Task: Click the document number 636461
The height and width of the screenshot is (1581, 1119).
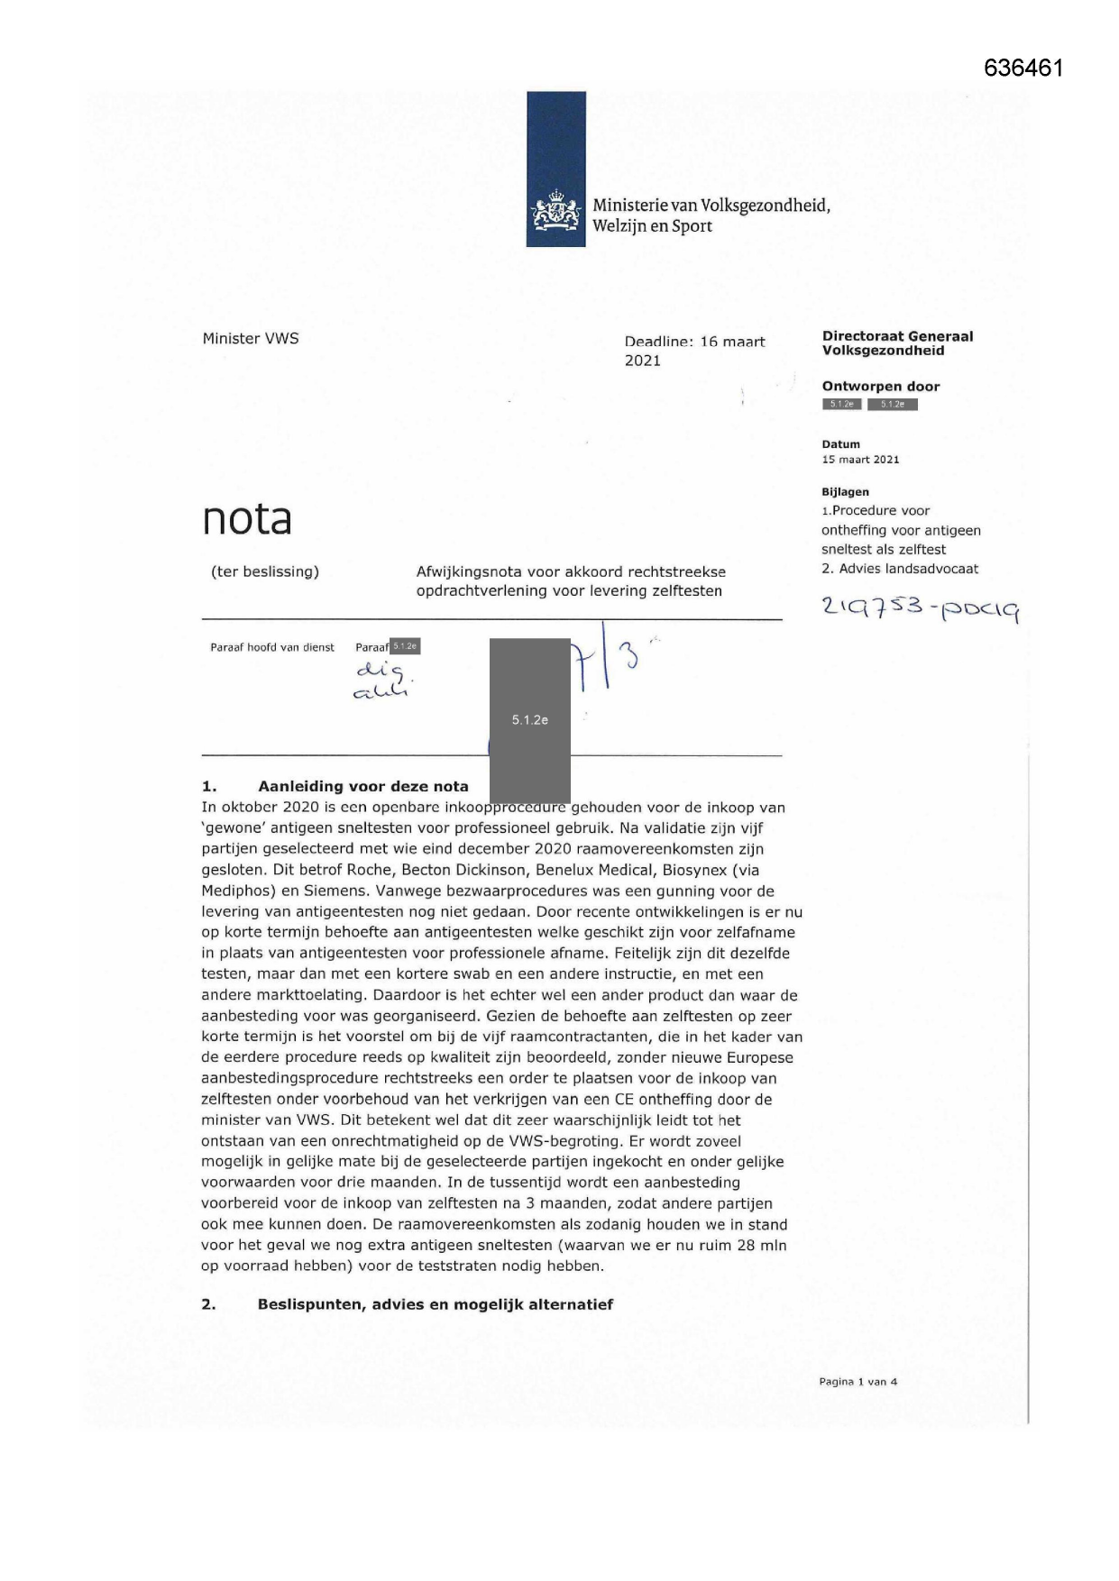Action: click(x=1023, y=69)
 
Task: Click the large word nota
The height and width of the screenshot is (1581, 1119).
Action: click(x=247, y=519)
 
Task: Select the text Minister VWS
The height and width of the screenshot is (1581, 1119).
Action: click(x=251, y=339)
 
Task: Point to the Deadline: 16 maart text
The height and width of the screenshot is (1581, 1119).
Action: click(x=694, y=342)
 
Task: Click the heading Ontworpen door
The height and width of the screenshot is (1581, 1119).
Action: click(x=880, y=387)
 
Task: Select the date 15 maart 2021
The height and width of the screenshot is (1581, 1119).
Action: click(x=860, y=460)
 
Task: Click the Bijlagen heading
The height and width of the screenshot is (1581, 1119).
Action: click(x=845, y=492)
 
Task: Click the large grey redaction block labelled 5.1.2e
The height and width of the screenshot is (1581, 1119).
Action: click(x=530, y=719)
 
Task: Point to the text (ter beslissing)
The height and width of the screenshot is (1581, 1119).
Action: click(x=265, y=571)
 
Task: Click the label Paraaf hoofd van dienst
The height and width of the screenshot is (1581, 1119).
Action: click(x=272, y=647)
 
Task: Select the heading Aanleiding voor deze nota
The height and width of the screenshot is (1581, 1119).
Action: click(x=362, y=786)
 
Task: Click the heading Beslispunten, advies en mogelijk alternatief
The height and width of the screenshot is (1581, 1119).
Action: click(x=435, y=1304)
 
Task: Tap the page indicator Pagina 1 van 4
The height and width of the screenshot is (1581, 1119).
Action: click(x=858, y=1382)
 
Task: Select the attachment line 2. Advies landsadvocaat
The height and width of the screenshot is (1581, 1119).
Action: click(x=899, y=569)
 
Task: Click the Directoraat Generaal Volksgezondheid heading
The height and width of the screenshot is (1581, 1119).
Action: click(x=897, y=343)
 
